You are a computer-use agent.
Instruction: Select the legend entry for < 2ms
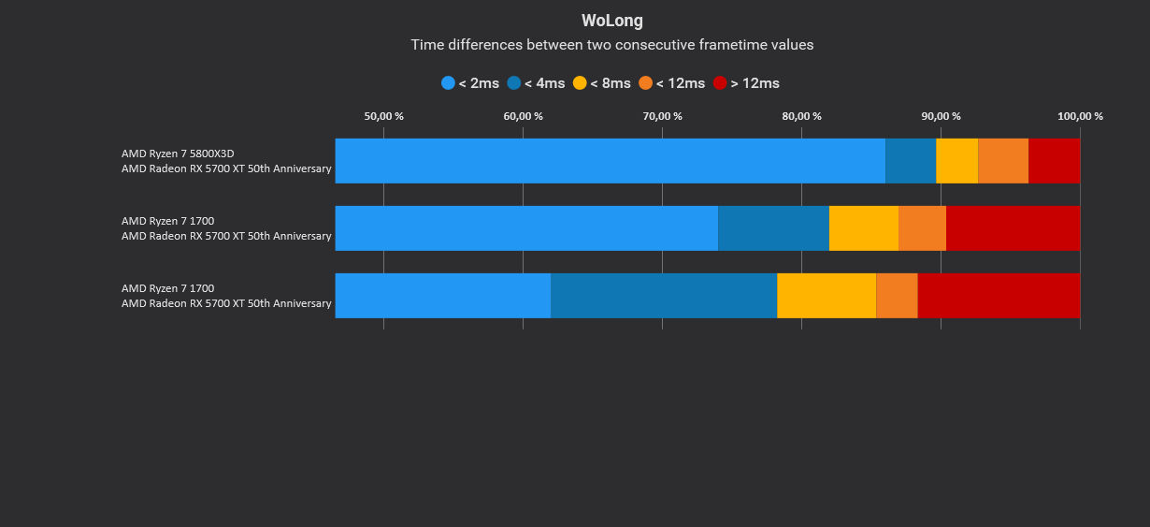tap(470, 83)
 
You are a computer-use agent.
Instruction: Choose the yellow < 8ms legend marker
tap(580, 83)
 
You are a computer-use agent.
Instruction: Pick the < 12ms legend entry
tap(671, 83)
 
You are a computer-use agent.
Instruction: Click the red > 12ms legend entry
tap(746, 83)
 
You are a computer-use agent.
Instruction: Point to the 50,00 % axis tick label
tap(383, 116)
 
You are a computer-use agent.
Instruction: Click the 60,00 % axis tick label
tap(523, 116)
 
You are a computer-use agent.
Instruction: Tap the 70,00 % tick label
tap(662, 116)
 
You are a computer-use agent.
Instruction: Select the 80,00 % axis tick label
tap(801, 116)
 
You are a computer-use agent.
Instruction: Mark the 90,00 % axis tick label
tap(941, 116)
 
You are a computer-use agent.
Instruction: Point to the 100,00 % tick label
tap(1080, 116)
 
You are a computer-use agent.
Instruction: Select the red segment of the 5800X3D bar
tap(1054, 161)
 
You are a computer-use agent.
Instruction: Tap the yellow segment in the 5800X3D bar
tap(956, 161)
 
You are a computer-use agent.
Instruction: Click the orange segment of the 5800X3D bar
tap(1003, 161)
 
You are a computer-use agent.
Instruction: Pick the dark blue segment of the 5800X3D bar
tap(911, 161)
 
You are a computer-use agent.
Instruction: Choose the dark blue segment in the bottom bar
tap(664, 296)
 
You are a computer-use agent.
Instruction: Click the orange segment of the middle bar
tap(922, 228)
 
